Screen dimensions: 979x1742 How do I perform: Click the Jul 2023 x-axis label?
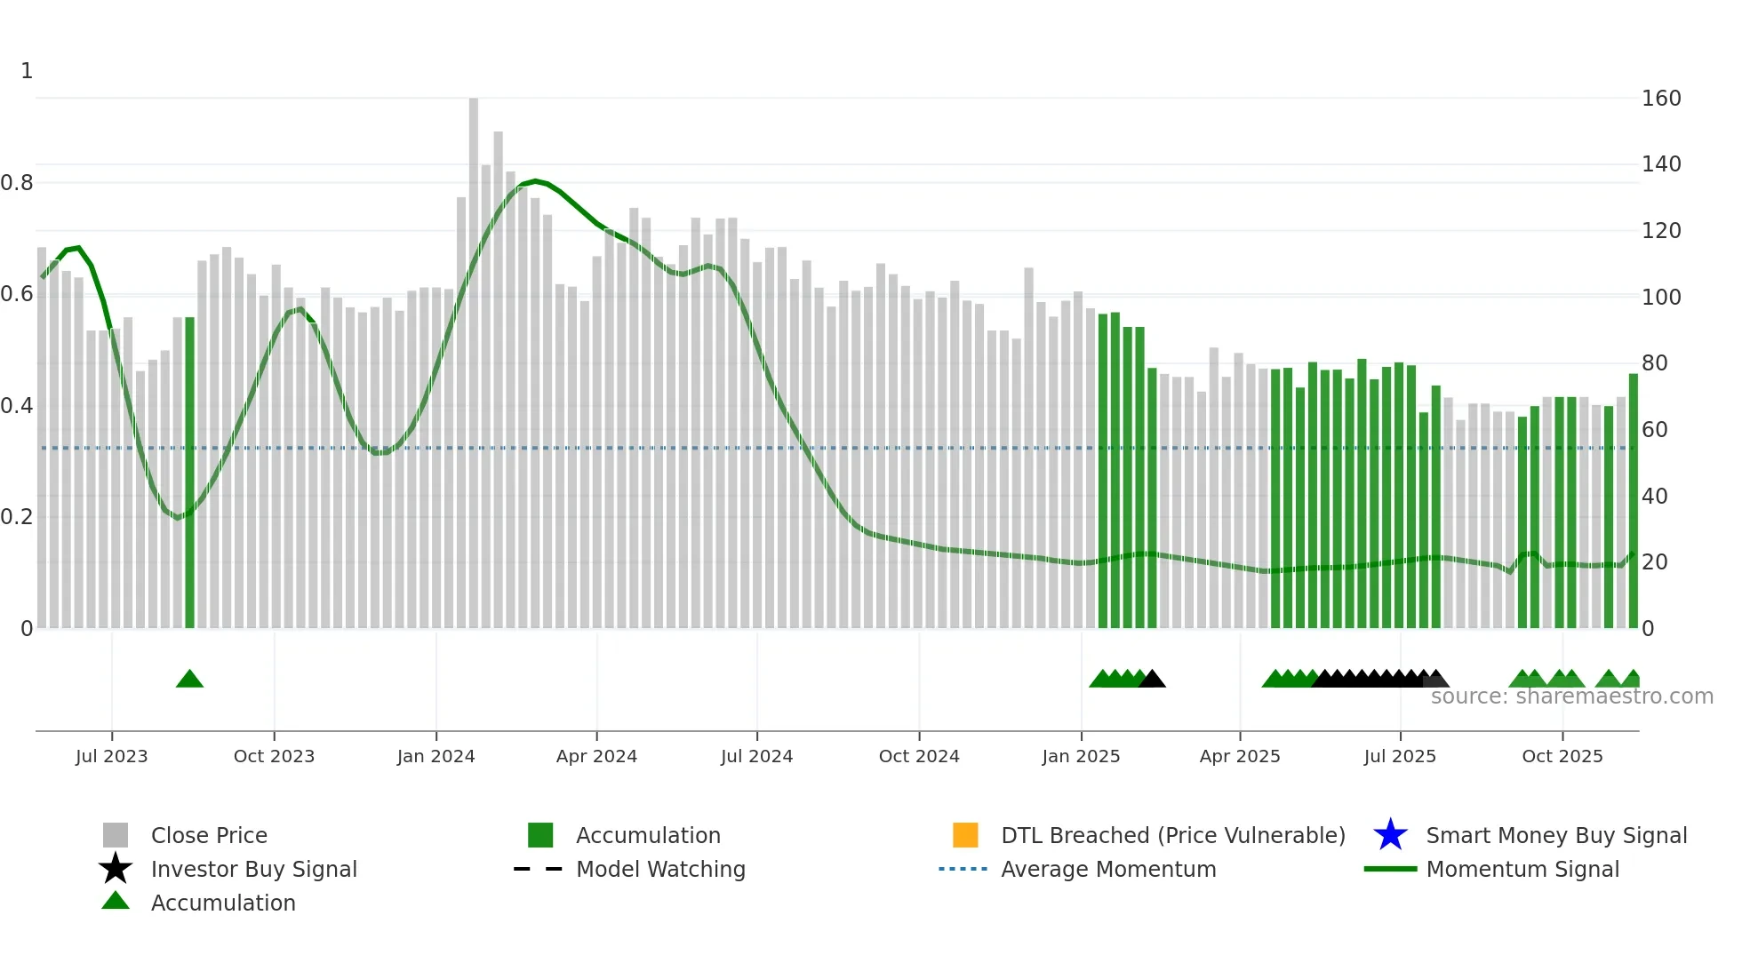[111, 756]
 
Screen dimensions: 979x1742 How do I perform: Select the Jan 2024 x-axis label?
[435, 756]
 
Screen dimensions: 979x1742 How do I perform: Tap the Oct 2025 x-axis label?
[1562, 756]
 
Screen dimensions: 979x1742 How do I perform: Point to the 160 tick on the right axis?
[1660, 99]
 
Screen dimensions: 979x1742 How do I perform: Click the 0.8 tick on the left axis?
[17, 183]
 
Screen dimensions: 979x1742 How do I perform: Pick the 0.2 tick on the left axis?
[17, 517]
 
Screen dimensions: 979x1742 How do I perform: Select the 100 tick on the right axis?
[1660, 298]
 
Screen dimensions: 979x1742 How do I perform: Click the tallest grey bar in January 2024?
[474, 355]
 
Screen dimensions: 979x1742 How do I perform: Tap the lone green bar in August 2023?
[189, 471]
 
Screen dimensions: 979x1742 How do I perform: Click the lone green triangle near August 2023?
[189, 680]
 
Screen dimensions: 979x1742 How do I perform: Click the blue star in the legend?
[1390, 835]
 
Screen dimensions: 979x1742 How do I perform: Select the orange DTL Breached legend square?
[965, 835]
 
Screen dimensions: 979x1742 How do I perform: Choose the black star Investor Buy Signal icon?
[116, 869]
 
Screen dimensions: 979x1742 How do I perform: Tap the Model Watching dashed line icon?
[539, 869]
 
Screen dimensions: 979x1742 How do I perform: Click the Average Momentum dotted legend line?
[963, 869]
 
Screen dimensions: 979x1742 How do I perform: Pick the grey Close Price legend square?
[116, 835]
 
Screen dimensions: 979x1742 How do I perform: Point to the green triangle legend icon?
[116, 902]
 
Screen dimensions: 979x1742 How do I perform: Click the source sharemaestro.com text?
[1571, 696]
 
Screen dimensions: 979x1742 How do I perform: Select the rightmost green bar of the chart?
[1633, 497]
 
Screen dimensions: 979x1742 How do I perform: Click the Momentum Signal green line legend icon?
[1390, 869]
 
